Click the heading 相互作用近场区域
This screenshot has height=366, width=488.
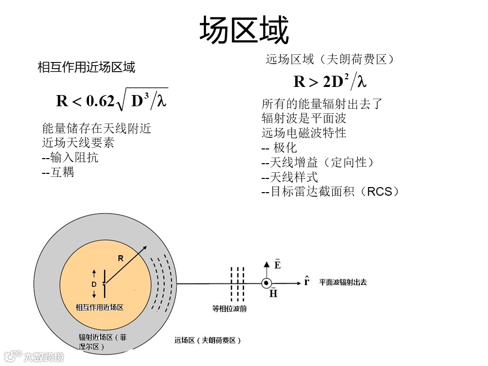pos(86,67)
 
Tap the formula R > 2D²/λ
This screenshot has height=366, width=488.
pos(330,81)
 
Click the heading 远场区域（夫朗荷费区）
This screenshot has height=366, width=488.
pos(330,59)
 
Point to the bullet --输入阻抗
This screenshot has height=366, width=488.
pos(70,158)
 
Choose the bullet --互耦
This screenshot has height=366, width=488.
pos(58,172)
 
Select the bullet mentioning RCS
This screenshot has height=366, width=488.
pos(330,192)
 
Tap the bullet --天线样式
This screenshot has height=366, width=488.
pos(289,177)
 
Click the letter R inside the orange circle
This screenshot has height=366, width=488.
pos(120,258)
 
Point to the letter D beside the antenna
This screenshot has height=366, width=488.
pos(94,285)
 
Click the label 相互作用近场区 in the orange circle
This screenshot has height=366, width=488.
pos(100,308)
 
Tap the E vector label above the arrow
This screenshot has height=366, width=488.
pos(277,265)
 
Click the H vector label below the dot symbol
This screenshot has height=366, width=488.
pos(273,293)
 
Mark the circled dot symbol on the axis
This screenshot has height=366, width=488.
pos(266,284)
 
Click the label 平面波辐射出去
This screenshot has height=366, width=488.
pos(343,282)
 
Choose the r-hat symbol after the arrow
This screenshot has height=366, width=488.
pos(307,281)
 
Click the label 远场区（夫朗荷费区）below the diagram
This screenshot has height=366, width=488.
pos(207,340)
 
